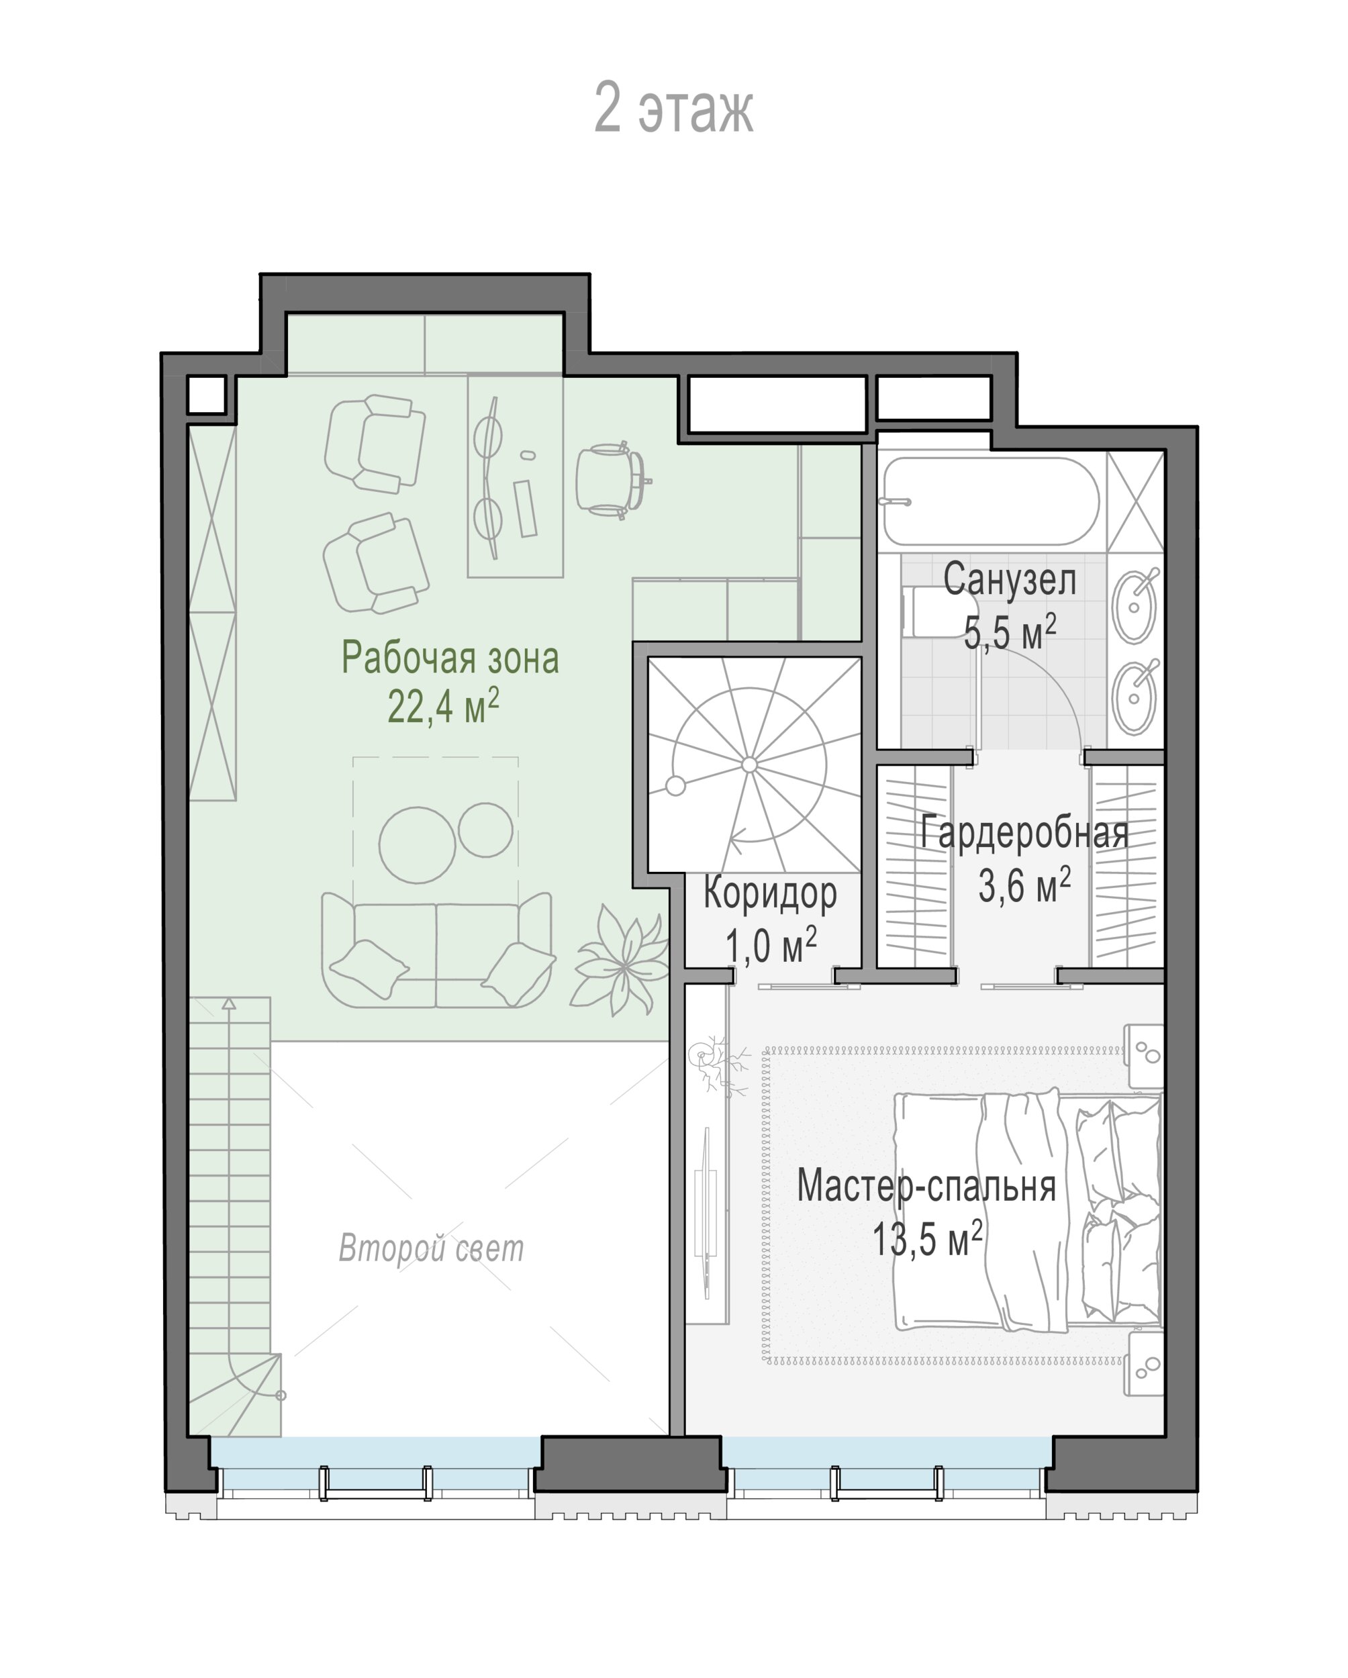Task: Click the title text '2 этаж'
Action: [x=673, y=108]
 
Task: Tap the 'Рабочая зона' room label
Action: [x=450, y=658]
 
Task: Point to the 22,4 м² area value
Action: [x=443, y=705]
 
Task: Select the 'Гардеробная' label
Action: [x=1024, y=832]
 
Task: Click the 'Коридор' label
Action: [x=770, y=893]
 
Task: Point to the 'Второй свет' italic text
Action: [x=431, y=1248]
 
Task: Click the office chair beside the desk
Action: [x=612, y=479]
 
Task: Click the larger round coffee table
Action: [x=417, y=844]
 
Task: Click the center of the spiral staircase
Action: [x=749, y=765]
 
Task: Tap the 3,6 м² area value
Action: [x=1024, y=885]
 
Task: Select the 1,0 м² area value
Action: [x=771, y=946]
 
